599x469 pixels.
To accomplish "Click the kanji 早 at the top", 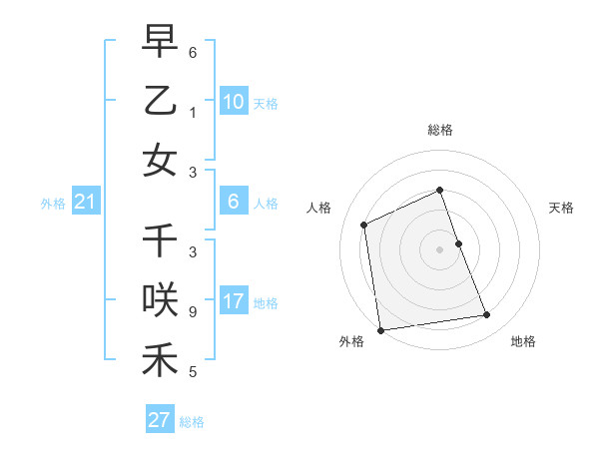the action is click(x=160, y=41).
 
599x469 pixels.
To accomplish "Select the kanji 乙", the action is click(x=160, y=100).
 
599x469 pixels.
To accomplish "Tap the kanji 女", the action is click(x=160, y=161).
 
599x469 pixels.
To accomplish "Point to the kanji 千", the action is click(x=160, y=240).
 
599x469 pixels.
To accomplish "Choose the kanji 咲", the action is click(x=160, y=299).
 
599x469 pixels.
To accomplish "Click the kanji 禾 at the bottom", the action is click(x=160, y=359).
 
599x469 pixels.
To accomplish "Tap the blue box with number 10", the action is click(x=233, y=102).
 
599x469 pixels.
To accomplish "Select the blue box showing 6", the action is click(x=233, y=202).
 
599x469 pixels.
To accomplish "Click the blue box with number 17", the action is click(x=233, y=301).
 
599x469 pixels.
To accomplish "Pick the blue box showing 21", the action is click(x=85, y=203).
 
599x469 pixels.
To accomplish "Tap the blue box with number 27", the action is click(x=159, y=420).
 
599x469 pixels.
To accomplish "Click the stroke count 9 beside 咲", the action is click(x=193, y=311).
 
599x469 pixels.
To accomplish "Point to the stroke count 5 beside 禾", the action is click(x=193, y=372).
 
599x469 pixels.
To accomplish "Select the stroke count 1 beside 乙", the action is click(x=193, y=112).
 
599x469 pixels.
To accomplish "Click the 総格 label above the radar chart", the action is click(x=439, y=130).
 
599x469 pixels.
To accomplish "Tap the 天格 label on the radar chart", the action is click(x=562, y=208).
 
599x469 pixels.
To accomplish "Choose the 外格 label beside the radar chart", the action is click(x=351, y=342).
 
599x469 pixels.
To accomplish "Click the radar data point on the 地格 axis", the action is click(x=487, y=315).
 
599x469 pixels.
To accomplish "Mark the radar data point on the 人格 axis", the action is click(x=364, y=225).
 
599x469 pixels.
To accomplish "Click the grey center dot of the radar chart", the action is click(x=439, y=249).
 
